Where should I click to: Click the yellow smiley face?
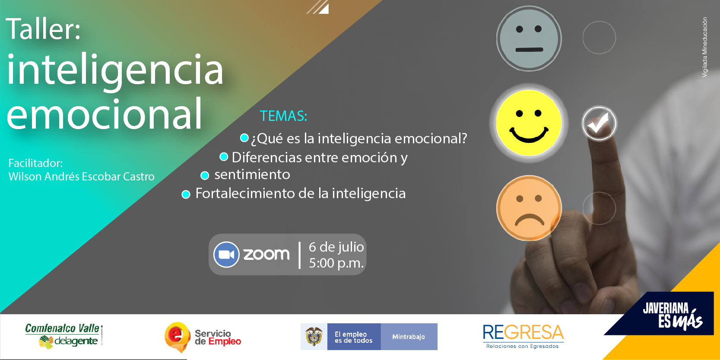(x=529, y=123)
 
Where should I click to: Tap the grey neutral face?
(x=529, y=38)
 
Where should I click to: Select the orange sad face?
(x=529, y=208)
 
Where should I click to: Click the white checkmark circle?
(x=599, y=123)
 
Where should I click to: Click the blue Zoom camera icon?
(x=226, y=254)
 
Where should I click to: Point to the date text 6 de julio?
(x=336, y=247)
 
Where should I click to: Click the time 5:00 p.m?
(x=336, y=263)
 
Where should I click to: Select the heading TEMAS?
(x=283, y=116)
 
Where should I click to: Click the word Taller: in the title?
(x=43, y=29)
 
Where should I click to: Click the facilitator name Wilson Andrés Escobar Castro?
(x=81, y=177)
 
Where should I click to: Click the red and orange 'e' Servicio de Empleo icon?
(x=177, y=337)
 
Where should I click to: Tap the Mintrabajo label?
(x=409, y=337)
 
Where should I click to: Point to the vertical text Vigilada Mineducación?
(x=704, y=47)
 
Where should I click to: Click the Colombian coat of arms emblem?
(x=314, y=336)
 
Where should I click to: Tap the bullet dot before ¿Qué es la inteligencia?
(x=244, y=138)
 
